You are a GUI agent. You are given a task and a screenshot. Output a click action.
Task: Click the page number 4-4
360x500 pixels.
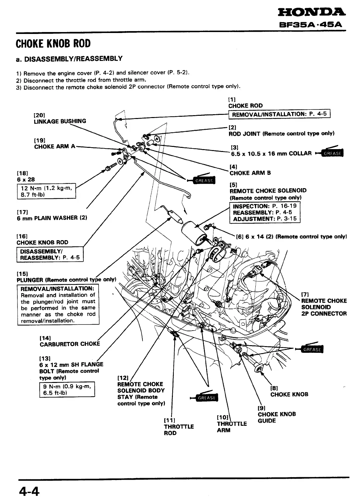(29, 492)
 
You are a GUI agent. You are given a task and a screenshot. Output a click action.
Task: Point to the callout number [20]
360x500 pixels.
(39, 115)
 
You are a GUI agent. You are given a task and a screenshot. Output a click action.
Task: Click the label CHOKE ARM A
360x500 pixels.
(55, 146)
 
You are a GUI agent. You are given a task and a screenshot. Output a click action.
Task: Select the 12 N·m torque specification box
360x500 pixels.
(46, 191)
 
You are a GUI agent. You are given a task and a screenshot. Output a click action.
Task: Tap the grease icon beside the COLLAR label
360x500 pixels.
(331, 153)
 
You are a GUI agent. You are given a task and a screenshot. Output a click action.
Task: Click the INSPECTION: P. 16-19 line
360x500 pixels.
(265, 206)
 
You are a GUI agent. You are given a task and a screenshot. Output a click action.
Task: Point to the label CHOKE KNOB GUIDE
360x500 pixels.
(277, 418)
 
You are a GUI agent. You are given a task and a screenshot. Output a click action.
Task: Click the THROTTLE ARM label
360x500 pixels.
(232, 427)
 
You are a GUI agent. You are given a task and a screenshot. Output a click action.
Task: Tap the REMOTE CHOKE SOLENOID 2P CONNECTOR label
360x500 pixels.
(324, 307)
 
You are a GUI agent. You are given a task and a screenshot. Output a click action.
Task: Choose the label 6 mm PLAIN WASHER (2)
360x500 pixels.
(52, 218)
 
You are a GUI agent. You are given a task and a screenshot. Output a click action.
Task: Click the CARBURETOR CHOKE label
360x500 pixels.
(70, 344)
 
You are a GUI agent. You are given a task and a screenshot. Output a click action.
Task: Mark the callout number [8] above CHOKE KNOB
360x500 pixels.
(274, 388)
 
